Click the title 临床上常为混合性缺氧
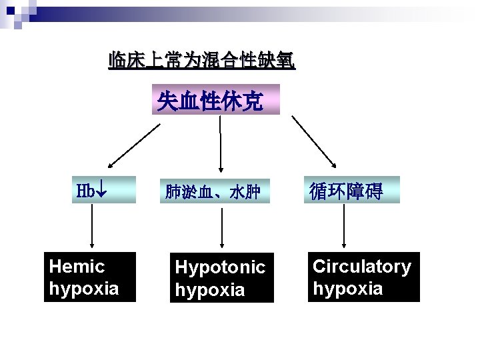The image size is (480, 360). pos(202,61)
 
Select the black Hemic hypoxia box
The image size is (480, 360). pos(90,277)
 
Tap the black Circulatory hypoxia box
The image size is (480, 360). pos(364,277)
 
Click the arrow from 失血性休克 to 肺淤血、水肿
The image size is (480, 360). pos(221,142)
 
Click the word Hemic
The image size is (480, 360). pos(77,267)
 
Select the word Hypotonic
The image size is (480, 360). pos(220,268)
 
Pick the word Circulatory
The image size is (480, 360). pos(362,267)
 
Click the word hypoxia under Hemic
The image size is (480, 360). pos(84,289)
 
